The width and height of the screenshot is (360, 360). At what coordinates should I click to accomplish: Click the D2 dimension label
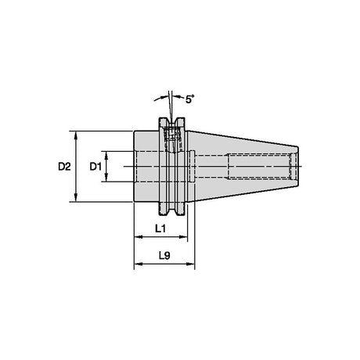coord(64,166)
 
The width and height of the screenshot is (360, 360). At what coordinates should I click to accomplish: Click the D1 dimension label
coord(95,166)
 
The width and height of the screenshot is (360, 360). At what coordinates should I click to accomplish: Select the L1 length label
coord(160,229)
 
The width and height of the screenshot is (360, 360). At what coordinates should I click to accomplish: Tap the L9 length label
coord(164,256)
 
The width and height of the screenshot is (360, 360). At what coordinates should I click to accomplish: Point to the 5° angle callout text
coord(190,99)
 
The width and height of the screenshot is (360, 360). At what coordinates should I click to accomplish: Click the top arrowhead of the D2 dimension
coord(76,135)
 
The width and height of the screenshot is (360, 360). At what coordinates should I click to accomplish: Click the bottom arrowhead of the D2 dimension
coord(76,197)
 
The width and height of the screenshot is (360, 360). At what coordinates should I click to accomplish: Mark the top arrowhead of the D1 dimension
coord(106,155)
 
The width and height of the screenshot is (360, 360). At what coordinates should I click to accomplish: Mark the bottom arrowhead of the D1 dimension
coord(106,178)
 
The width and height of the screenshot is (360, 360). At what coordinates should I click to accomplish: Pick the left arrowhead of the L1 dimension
coord(138,237)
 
